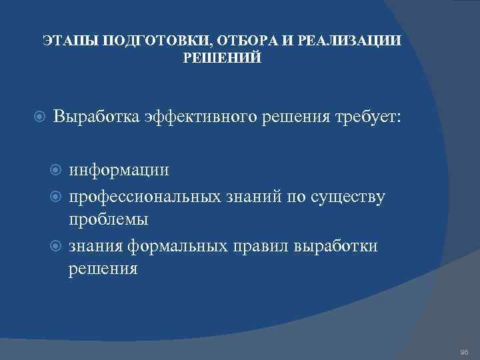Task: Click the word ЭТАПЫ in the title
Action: [x=65, y=41]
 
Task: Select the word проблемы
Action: [x=108, y=219]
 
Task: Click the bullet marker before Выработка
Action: [x=39, y=118]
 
